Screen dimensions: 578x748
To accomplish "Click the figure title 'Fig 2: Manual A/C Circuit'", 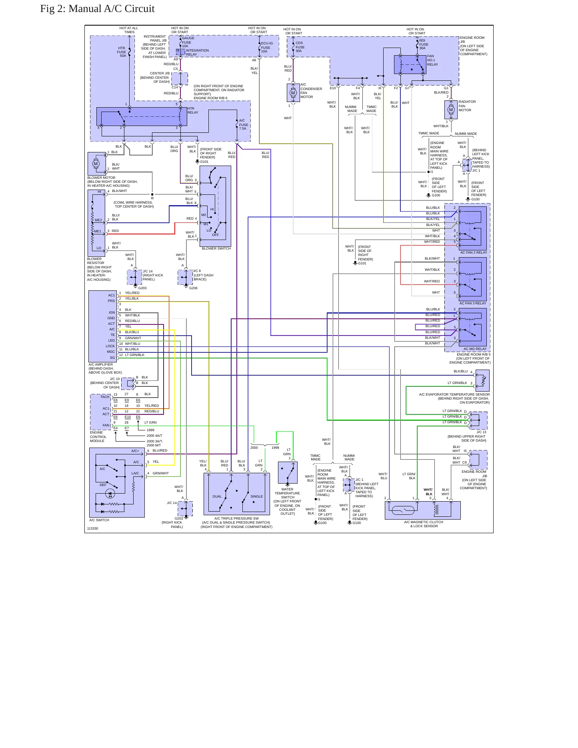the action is pos(97,9).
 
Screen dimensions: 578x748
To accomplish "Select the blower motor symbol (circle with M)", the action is pos(96,164).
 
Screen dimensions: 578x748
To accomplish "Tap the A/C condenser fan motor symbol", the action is pos(293,93).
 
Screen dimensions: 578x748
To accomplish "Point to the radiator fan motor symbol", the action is pos(451,110).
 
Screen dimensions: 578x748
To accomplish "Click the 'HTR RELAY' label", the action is pos(193,110).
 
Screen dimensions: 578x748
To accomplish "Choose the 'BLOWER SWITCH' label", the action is pos(216,249).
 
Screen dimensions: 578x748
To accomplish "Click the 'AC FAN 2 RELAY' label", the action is pos(474,252).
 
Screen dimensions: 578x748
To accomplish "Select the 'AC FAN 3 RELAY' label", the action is pos(473,303).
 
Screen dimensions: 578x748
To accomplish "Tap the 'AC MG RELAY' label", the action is pos(475,349).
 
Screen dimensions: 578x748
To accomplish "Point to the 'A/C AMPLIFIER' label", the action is pos(101,364).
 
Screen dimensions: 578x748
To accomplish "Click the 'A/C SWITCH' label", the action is pos(99,520).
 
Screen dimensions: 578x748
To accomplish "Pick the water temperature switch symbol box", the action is pos(288,472).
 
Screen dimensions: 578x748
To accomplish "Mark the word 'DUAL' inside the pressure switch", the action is pos(217,496).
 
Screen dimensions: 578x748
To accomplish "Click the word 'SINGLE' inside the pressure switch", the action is pos(257,496).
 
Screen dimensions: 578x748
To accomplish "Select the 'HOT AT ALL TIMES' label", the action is pos(129,30).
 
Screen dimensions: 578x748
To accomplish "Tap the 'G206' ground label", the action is pos(193,288).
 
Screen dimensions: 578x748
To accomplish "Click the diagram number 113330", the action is pos(92,528).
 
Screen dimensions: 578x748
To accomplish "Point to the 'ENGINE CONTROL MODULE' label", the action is pos(98,437).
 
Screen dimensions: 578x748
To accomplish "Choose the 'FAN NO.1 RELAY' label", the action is pos(432,60).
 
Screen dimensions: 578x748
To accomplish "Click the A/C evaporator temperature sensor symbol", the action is pos(482,380).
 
